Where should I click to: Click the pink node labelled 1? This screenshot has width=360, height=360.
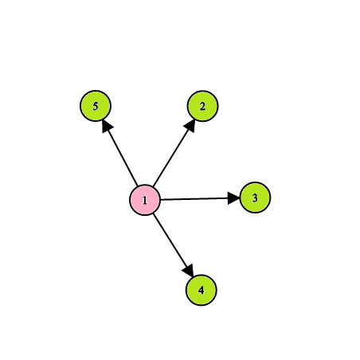tap(145, 200)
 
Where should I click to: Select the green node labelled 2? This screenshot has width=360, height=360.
tap(202, 106)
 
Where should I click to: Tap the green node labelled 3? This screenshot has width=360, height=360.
tap(255, 198)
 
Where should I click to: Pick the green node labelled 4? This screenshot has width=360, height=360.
tap(202, 290)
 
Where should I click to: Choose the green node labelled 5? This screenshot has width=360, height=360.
tap(96, 106)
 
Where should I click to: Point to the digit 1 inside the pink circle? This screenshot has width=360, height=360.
tap(145, 200)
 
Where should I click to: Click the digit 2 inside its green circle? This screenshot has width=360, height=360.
tap(202, 107)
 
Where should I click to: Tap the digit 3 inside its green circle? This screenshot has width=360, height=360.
tap(255, 198)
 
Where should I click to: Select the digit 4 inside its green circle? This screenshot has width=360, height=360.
tap(202, 291)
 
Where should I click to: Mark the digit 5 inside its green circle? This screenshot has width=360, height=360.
tap(96, 106)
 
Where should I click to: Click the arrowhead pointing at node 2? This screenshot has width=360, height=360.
tap(191, 125)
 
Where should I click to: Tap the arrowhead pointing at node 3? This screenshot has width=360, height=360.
tap(233, 198)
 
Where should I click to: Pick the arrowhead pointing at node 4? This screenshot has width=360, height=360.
tap(189, 271)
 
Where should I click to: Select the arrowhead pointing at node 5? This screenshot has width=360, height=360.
tap(107, 126)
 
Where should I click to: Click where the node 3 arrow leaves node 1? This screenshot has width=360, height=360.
tap(161, 199)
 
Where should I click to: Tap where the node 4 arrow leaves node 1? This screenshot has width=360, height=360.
tap(154, 213)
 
